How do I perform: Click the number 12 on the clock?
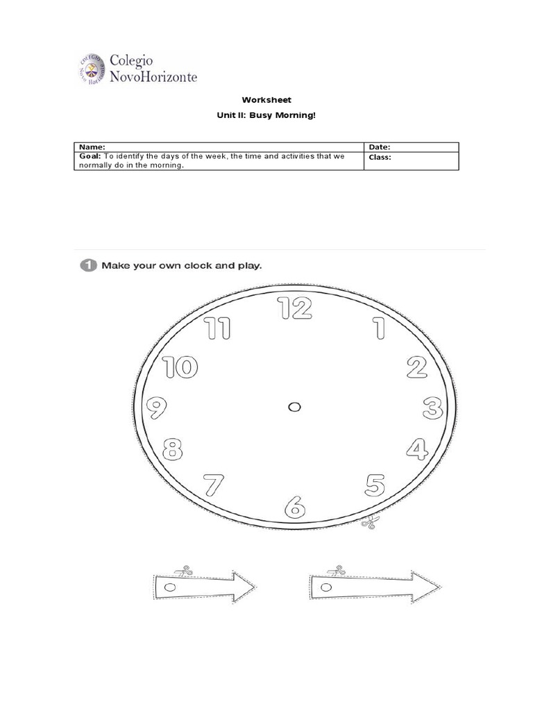click(x=295, y=308)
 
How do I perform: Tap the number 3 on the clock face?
click(x=433, y=408)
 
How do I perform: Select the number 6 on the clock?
click(x=295, y=507)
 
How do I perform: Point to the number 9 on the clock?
click(x=156, y=408)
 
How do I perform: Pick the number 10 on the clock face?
click(x=180, y=367)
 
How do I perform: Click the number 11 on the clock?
click(x=218, y=328)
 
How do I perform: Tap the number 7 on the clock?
click(x=213, y=485)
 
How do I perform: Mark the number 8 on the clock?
click(x=173, y=450)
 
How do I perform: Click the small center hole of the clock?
click(x=294, y=407)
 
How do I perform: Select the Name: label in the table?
click(x=92, y=147)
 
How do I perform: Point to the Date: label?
click(x=380, y=147)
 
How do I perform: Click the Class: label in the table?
click(x=380, y=157)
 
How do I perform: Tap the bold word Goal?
click(x=90, y=157)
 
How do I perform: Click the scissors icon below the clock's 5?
click(x=368, y=523)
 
